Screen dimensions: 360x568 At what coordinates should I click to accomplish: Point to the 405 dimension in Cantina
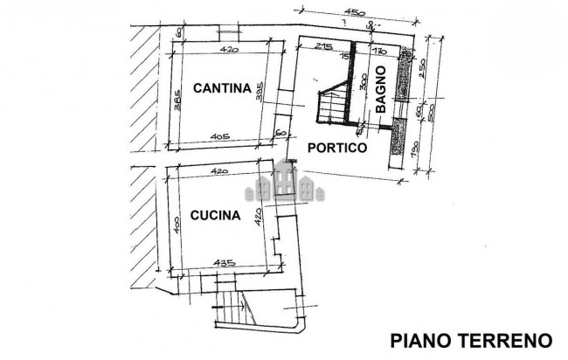point(219,137)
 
